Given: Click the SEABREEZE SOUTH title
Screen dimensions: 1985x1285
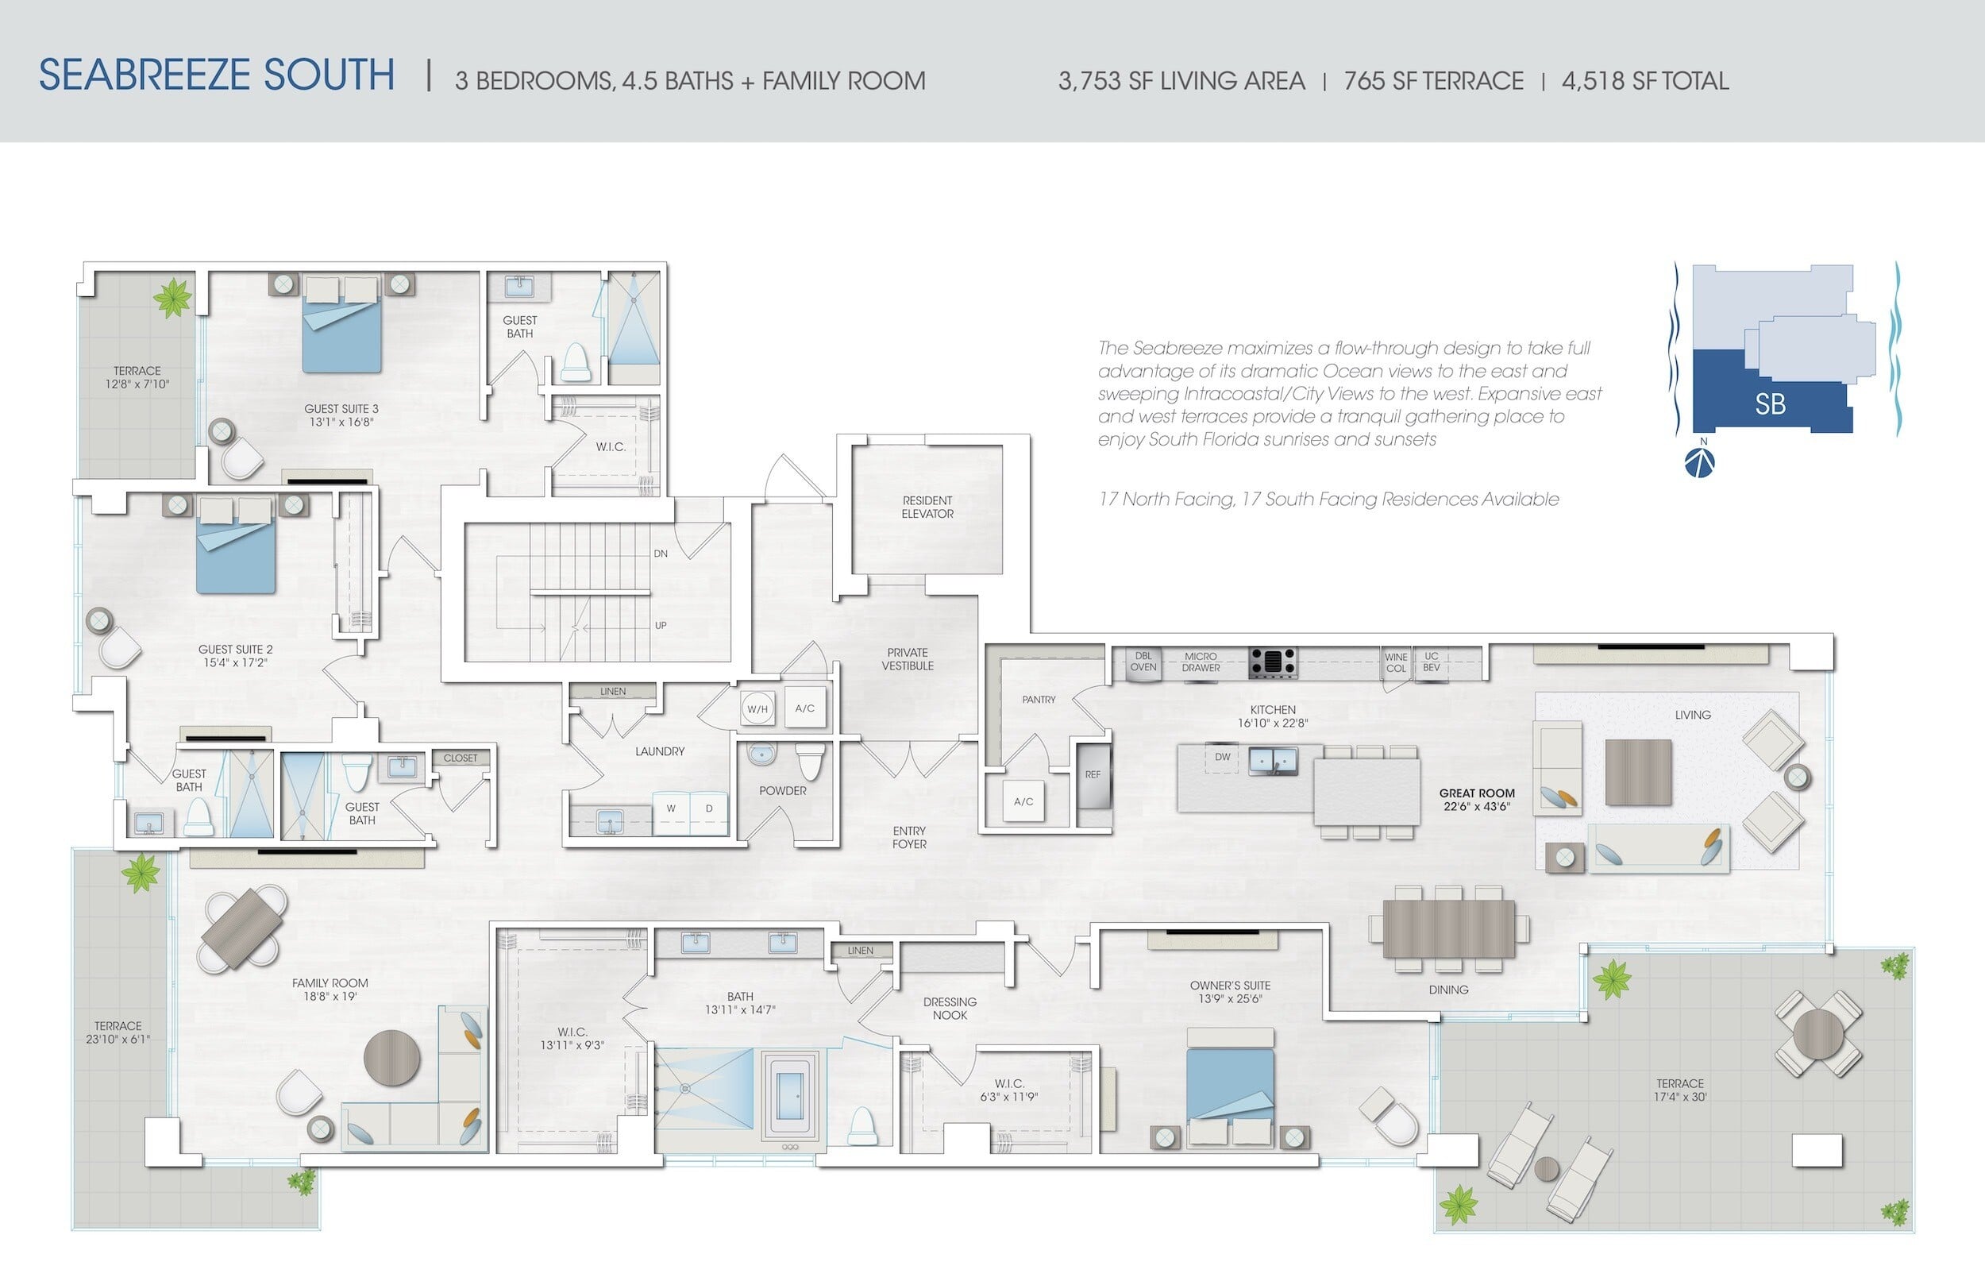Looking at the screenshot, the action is (x=217, y=75).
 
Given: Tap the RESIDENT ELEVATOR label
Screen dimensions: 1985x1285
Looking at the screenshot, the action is (x=927, y=507).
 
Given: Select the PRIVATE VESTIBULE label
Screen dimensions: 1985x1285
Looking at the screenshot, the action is (x=908, y=659).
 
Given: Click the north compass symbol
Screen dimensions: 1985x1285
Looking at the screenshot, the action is (x=1699, y=462).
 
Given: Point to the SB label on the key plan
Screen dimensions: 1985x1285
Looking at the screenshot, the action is (x=1770, y=405).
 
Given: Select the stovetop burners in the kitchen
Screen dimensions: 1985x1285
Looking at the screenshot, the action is (x=1273, y=662).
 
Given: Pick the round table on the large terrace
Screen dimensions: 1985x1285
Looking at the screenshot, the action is (x=1818, y=1034).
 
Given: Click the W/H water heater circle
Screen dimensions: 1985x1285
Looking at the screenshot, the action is (x=757, y=709).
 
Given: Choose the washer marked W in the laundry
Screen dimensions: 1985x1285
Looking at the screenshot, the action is (x=671, y=812).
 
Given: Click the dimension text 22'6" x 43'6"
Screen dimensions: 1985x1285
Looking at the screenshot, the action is (x=1476, y=807).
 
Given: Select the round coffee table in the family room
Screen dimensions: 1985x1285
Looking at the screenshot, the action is (x=392, y=1058).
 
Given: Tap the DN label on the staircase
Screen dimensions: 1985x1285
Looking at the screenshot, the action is (x=661, y=554).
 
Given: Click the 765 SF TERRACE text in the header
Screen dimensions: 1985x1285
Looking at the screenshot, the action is (x=1434, y=81).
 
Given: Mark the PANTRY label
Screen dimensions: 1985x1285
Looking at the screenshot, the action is (x=1039, y=700).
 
